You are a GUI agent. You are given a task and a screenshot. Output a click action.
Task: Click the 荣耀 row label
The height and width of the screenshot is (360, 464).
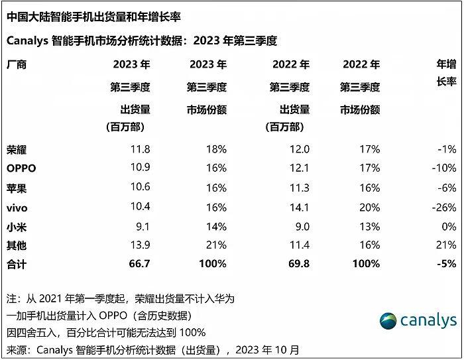(17, 149)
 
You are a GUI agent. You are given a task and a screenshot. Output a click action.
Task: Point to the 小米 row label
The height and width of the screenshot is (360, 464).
(17, 227)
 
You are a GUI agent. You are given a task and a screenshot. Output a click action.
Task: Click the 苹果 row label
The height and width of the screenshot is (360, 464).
(17, 188)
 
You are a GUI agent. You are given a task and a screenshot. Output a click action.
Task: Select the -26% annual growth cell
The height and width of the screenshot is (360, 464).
(442, 208)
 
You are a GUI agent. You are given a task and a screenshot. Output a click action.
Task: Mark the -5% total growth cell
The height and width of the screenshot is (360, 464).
(445, 264)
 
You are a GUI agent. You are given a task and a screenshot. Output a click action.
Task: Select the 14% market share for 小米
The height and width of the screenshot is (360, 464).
(216, 227)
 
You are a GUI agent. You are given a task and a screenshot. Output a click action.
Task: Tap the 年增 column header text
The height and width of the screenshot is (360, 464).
(446, 64)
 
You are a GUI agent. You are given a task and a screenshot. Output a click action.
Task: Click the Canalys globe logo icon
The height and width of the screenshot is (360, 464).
(390, 322)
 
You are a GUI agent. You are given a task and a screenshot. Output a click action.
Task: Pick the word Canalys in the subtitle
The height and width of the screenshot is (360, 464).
(27, 41)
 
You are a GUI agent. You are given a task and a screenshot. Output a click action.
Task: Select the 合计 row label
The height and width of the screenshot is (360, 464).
(17, 264)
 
